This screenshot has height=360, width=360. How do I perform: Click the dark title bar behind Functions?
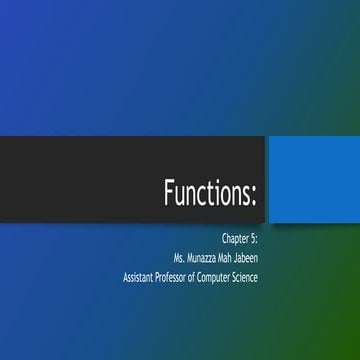(x=80, y=180)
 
